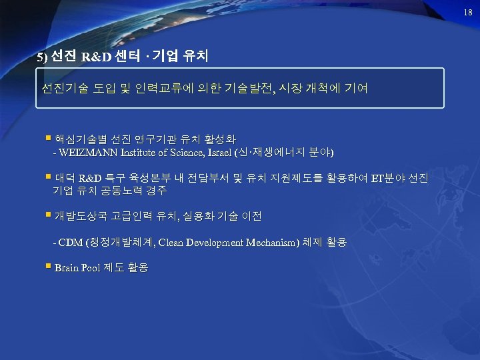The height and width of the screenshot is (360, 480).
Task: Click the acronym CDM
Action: coord(70,242)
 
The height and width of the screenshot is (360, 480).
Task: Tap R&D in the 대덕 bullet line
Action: coord(91,178)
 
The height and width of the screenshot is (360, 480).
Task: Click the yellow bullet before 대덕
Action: coord(48,177)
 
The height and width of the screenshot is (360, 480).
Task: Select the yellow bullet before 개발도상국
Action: coord(48,215)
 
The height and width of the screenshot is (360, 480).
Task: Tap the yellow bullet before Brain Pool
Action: coord(48,267)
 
